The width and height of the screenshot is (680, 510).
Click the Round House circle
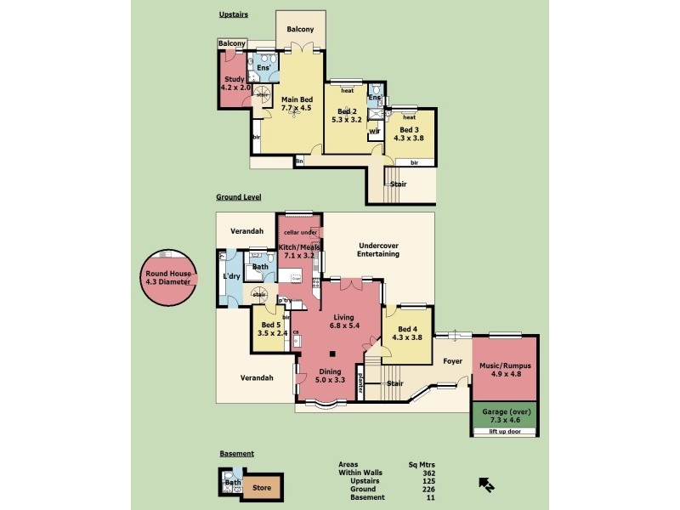[x=170, y=278]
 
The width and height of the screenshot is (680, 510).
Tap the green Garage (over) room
[x=505, y=416]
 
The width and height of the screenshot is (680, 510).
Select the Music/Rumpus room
[x=505, y=369]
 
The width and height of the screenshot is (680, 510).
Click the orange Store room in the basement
[x=262, y=488]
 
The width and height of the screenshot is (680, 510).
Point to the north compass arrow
[x=487, y=484]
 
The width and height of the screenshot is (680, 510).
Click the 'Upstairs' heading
[x=232, y=15]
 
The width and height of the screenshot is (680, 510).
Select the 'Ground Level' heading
[x=238, y=196]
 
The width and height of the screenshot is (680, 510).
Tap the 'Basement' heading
[x=236, y=454]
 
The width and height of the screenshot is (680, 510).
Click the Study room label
[x=234, y=83]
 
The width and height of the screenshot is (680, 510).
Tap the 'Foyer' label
[x=452, y=360]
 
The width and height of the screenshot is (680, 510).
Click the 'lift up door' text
[x=505, y=432]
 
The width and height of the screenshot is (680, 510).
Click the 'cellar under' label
[x=300, y=231]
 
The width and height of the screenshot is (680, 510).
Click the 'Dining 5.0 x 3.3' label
[x=330, y=375]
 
